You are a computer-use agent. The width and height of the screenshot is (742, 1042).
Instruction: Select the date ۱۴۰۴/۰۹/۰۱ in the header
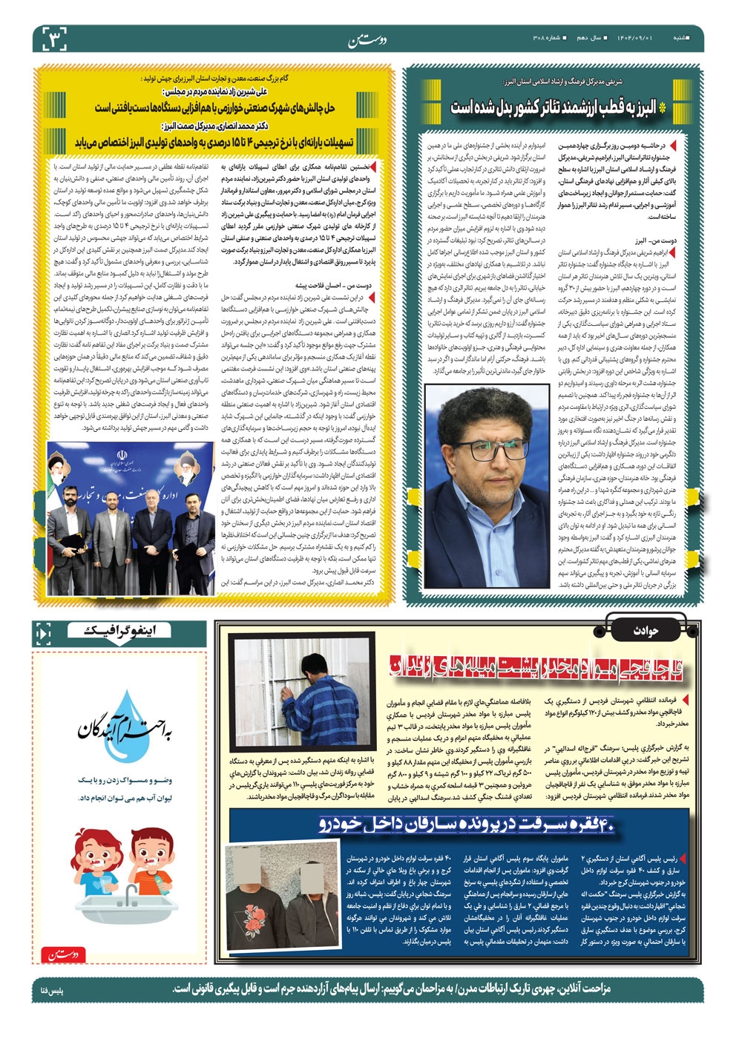click(636, 36)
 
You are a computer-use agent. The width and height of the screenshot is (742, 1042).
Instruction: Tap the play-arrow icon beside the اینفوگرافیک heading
click(42, 633)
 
